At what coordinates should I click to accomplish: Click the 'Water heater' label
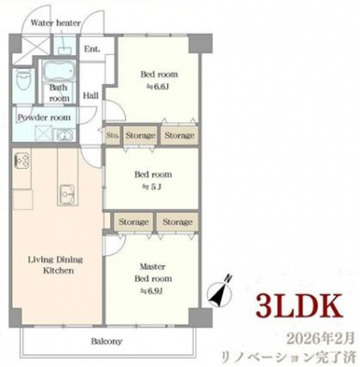[x=56, y=23]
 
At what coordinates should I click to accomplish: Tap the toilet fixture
[x=24, y=79]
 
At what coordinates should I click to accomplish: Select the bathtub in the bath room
[x=59, y=72]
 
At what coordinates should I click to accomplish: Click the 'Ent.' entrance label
[x=92, y=49]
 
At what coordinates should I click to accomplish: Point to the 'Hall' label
[x=91, y=95]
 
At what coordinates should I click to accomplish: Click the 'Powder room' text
[x=44, y=117]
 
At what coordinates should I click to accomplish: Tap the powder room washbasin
[x=64, y=135]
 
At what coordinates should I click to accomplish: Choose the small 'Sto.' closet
[x=113, y=135]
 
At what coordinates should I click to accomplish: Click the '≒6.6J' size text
[x=158, y=87]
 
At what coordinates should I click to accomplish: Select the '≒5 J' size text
[x=152, y=187]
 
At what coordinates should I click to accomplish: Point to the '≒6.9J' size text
[x=152, y=292]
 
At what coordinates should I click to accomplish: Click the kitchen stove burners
[x=21, y=161]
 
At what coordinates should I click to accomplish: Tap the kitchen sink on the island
[x=67, y=194]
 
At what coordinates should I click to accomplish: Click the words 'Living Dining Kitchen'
[x=56, y=265]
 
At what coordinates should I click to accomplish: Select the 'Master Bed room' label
[x=153, y=272]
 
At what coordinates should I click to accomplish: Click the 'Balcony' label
[x=107, y=341]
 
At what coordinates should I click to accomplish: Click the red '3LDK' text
[x=299, y=306]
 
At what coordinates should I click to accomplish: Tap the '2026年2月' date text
[x=321, y=339]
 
